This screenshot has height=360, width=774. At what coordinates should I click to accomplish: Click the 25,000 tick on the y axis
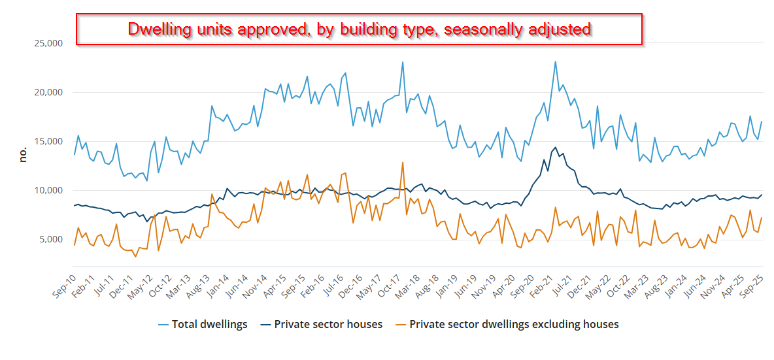point(46,43)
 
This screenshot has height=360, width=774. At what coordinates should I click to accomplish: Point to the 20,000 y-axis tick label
point(46,92)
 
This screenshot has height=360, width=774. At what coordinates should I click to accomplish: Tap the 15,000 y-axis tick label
point(46,141)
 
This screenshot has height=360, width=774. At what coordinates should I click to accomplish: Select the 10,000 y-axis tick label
point(46,190)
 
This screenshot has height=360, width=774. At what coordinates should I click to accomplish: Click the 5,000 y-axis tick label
point(49,239)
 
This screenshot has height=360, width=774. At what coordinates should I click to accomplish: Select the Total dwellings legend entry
point(209,324)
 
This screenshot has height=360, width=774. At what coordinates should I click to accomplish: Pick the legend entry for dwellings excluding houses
point(514,324)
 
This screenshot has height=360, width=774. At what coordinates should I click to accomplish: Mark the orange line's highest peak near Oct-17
point(403,162)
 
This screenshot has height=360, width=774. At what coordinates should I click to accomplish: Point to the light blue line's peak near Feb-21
point(555,62)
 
